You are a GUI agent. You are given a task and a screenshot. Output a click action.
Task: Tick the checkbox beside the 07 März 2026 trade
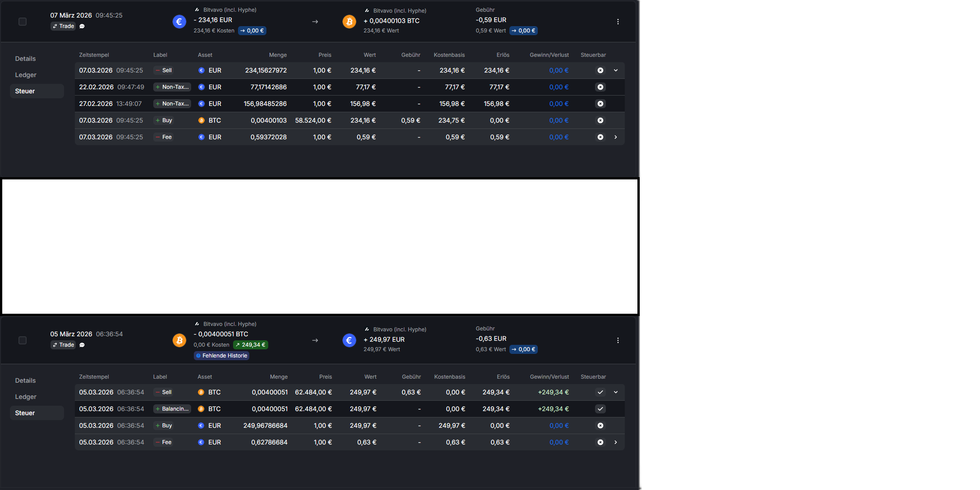tap(23, 22)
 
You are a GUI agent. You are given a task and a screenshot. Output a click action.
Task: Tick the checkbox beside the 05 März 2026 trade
tap(23, 340)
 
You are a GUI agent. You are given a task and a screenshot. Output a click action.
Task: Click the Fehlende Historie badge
tap(221, 356)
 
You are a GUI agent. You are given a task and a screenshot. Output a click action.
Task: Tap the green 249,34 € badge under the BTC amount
tap(251, 345)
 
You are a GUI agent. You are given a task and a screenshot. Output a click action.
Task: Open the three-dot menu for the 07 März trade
tap(618, 22)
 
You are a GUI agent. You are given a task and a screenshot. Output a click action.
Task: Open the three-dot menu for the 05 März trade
tap(618, 340)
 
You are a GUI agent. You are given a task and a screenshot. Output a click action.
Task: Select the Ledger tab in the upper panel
tap(26, 75)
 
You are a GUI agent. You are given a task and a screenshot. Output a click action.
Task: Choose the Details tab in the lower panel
tap(25, 380)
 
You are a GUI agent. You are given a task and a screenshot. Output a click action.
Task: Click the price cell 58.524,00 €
tap(313, 120)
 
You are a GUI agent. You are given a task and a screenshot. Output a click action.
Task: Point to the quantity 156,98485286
tap(265, 104)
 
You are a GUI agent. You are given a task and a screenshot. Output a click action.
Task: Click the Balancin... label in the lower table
tap(172, 409)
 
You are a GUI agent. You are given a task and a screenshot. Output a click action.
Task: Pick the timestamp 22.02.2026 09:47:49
tap(112, 87)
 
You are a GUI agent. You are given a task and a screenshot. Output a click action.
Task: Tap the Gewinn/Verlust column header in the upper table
tap(549, 55)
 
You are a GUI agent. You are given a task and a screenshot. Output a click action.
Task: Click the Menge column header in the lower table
tap(279, 377)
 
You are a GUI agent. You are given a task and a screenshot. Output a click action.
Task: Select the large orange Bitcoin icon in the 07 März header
tap(349, 21)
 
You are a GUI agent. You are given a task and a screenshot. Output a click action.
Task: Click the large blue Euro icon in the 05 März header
tap(349, 340)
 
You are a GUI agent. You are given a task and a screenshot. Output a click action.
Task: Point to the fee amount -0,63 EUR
tap(491, 339)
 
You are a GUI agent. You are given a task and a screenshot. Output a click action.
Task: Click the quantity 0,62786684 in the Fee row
tap(269, 442)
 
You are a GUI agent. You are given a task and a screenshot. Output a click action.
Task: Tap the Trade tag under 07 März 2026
tap(63, 26)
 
